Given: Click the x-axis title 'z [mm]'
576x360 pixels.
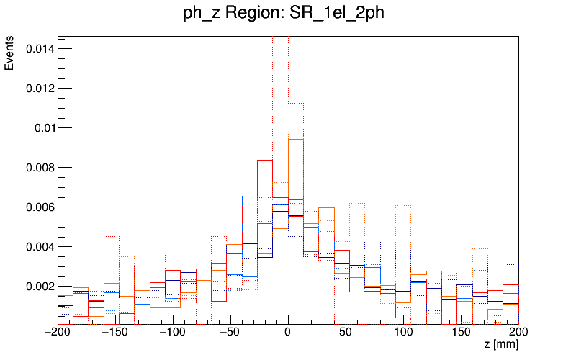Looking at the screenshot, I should (x=501, y=346).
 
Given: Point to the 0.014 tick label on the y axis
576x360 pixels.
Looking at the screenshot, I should (x=39, y=49).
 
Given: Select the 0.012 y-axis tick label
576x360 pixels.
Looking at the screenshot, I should (x=39, y=89).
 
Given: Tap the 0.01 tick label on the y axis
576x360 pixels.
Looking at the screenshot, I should (x=42, y=128).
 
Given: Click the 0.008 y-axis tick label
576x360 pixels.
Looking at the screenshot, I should (x=39, y=168).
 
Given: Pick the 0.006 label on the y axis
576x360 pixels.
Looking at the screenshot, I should (x=39, y=207).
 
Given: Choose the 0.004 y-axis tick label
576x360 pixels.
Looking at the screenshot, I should (x=39, y=247).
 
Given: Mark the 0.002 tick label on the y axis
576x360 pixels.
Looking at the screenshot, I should (x=39, y=287).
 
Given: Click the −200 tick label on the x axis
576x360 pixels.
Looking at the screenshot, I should (x=58, y=332).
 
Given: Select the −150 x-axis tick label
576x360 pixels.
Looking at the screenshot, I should (x=115, y=332).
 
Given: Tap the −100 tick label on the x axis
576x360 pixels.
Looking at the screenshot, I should (x=173, y=332).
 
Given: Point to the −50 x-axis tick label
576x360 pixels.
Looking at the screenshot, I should (x=230, y=332).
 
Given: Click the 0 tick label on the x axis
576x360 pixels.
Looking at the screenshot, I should (x=288, y=332).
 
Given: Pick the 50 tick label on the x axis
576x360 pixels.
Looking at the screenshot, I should (x=346, y=332).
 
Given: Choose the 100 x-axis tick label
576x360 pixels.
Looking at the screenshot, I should (x=403, y=332).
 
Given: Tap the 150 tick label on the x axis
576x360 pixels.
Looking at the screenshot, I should (x=461, y=332).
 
